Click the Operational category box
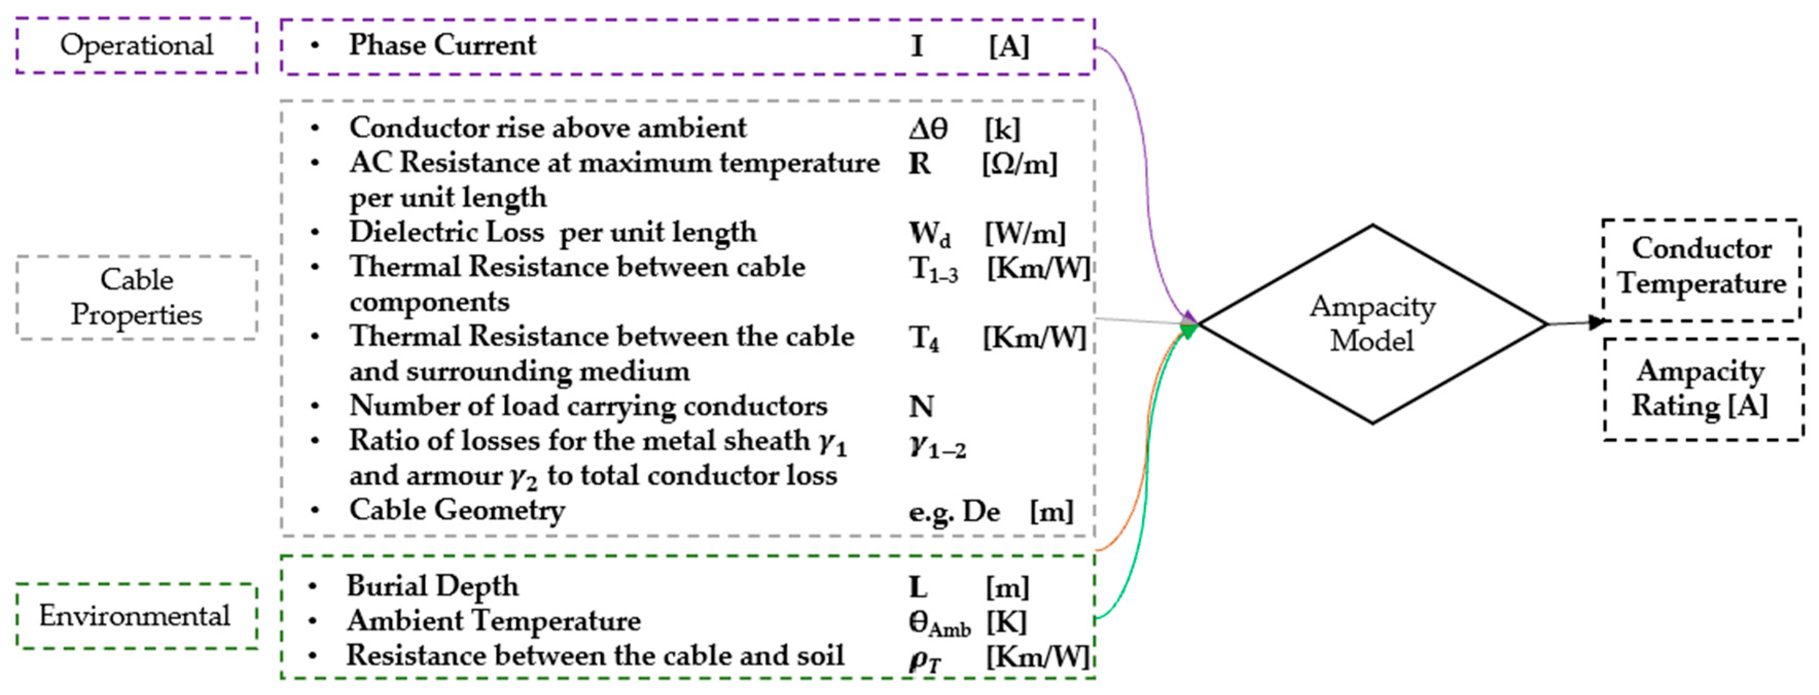coord(136,46)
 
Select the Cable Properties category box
coord(136,297)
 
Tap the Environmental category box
coord(136,616)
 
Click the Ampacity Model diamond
coord(1372,324)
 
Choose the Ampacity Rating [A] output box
coord(1701,389)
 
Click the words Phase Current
coord(442,46)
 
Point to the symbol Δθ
coord(928,129)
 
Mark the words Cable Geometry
coord(457,510)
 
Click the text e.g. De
coord(953,511)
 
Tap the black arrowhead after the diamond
coord(1596,322)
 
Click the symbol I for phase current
coord(916,47)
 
